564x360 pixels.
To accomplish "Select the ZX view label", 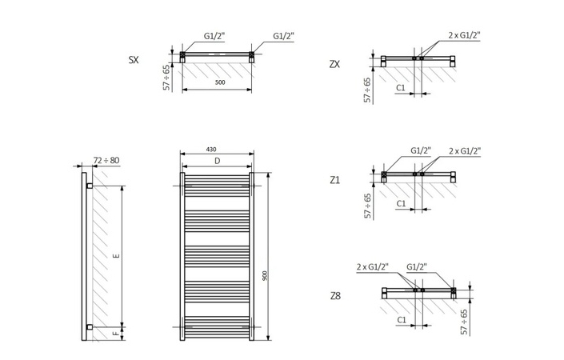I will (334, 64).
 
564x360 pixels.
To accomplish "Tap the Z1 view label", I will (334, 180).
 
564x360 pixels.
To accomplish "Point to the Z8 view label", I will (334, 295).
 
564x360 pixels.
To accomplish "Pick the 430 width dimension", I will (211, 150).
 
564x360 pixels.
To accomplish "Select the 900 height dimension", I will (264, 275).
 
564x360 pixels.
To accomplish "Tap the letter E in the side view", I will (117, 256).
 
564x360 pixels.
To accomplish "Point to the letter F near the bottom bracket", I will (117, 333).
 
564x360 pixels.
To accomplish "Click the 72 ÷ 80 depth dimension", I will (106, 161).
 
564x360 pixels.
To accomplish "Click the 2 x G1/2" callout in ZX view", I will (464, 35).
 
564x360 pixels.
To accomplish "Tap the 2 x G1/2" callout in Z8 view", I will (372, 266).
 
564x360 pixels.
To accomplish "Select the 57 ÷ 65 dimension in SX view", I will (166, 78).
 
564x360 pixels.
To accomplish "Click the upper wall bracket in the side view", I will (90, 186).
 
